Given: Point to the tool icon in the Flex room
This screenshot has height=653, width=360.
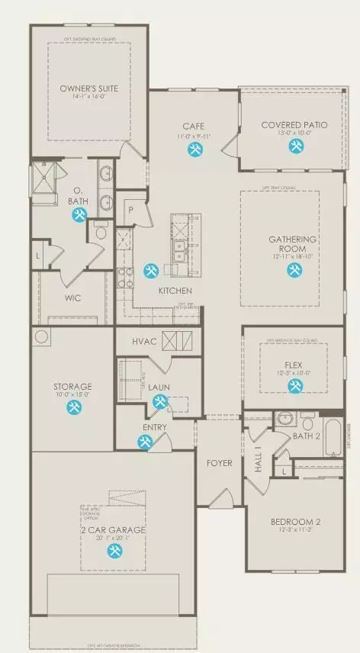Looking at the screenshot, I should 294,387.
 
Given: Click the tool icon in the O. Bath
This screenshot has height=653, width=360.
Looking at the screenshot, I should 79,216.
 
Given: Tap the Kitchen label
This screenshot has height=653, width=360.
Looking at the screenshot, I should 175,291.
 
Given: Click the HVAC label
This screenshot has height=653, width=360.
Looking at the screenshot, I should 144,340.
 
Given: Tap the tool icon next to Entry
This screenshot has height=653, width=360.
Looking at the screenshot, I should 145,441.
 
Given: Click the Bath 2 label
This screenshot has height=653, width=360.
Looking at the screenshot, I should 307,436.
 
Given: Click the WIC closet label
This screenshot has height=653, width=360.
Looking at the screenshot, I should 73,298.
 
